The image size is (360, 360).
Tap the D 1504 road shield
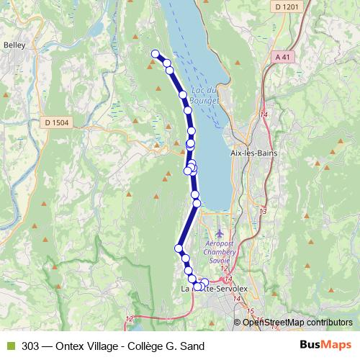click(x=56, y=123)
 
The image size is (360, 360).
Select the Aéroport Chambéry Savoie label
click(x=222, y=253)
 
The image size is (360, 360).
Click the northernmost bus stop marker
click(x=155, y=53)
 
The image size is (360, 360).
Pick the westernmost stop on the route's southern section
click(x=179, y=249)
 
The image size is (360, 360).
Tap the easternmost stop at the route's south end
click(x=205, y=282)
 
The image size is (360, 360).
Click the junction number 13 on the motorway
click(x=263, y=211)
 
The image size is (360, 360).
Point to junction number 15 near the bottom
click(x=251, y=311)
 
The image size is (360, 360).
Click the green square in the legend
click(x=10, y=346)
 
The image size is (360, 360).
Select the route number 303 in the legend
click(x=30, y=346)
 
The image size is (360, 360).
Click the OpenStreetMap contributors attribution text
click(x=297, y=323)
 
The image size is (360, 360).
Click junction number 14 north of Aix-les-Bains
click(x=265, y=114)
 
